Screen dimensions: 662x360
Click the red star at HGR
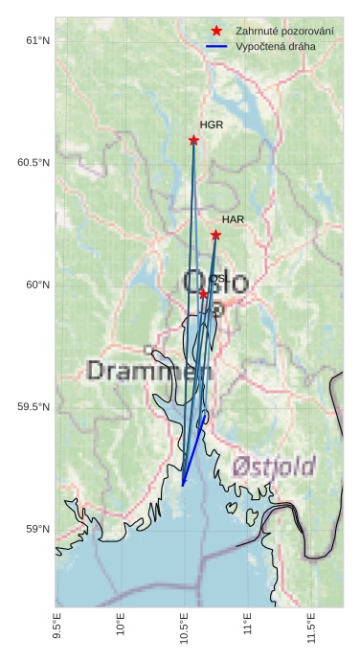[193, 140]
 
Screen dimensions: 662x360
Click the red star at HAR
[215, 235]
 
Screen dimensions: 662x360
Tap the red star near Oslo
[203, 294]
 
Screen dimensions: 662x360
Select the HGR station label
[212, 125]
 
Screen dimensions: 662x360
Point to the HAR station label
[234, 219]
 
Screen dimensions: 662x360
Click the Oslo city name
[215, 282]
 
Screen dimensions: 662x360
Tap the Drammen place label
[149, 370]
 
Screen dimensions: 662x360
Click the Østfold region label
[274, 467]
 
